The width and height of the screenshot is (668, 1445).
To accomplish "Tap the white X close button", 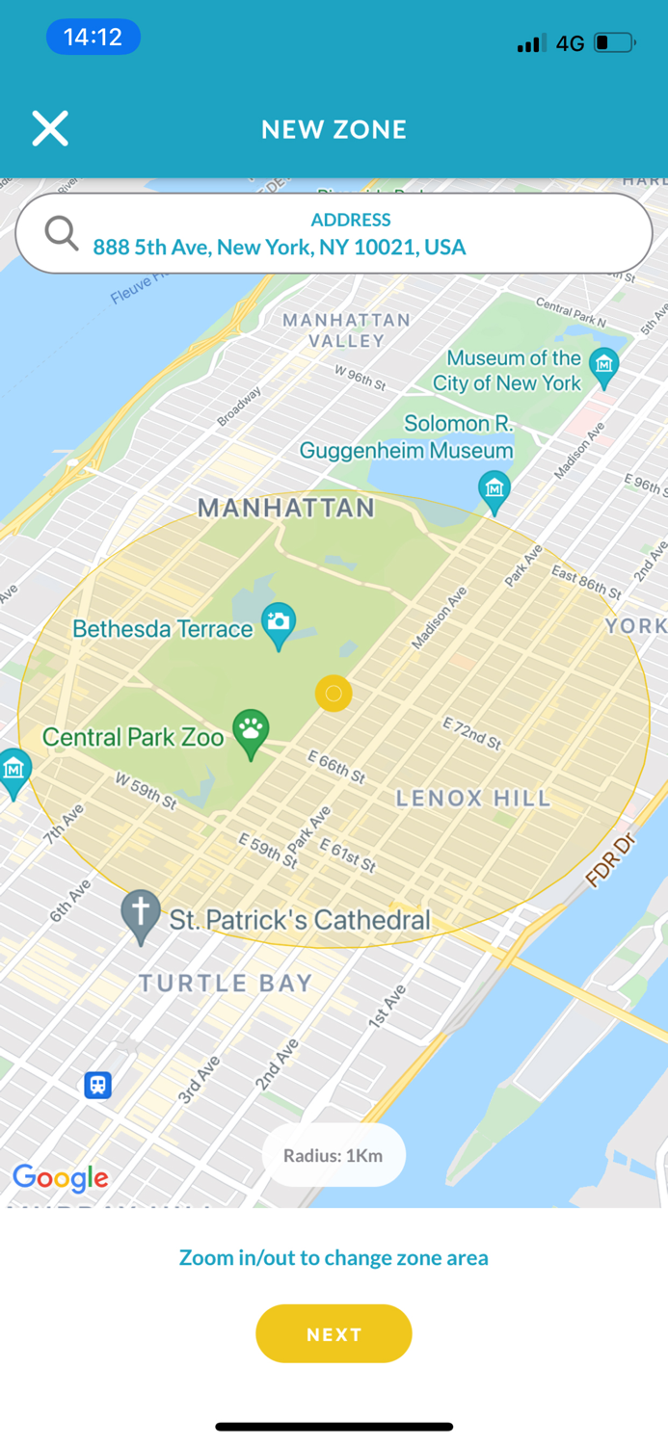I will click(x=50, y=128).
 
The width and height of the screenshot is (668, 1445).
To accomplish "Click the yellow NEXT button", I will click(x=334, y=1334).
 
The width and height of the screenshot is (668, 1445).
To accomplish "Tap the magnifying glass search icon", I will click(x=62, y=233).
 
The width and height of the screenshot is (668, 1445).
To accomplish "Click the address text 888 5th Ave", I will click(x=280, y=248).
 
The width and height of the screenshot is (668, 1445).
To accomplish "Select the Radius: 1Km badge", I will click(x=334, y=1155).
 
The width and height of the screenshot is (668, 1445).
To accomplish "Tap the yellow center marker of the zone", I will click(x=334, y=693).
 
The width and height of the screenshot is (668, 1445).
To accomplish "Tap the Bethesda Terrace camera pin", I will click(x=279, y=623).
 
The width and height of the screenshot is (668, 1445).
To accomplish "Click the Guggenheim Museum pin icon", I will click(x=494, y=489).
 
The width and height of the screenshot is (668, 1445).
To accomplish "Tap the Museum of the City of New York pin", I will click(x=604, y=366).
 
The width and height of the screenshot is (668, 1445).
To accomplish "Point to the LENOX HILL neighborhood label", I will click(x=473, y=798).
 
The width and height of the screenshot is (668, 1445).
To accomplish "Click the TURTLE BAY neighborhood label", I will click(x=226, y=983).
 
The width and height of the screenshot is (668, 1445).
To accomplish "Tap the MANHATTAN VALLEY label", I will click(x=346, y=329).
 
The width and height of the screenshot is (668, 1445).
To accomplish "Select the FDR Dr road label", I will click(x=612, y=860).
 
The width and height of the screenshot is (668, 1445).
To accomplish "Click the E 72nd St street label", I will click(x=472, y=733).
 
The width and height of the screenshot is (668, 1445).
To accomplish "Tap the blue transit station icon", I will click(x=97, y=1085).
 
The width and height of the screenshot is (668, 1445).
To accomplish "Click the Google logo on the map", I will click(x=60, y=1177).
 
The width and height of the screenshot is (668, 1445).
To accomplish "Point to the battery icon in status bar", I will click(x=613, y=42).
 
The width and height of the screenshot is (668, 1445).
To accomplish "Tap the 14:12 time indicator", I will click(x=93, y=38).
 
